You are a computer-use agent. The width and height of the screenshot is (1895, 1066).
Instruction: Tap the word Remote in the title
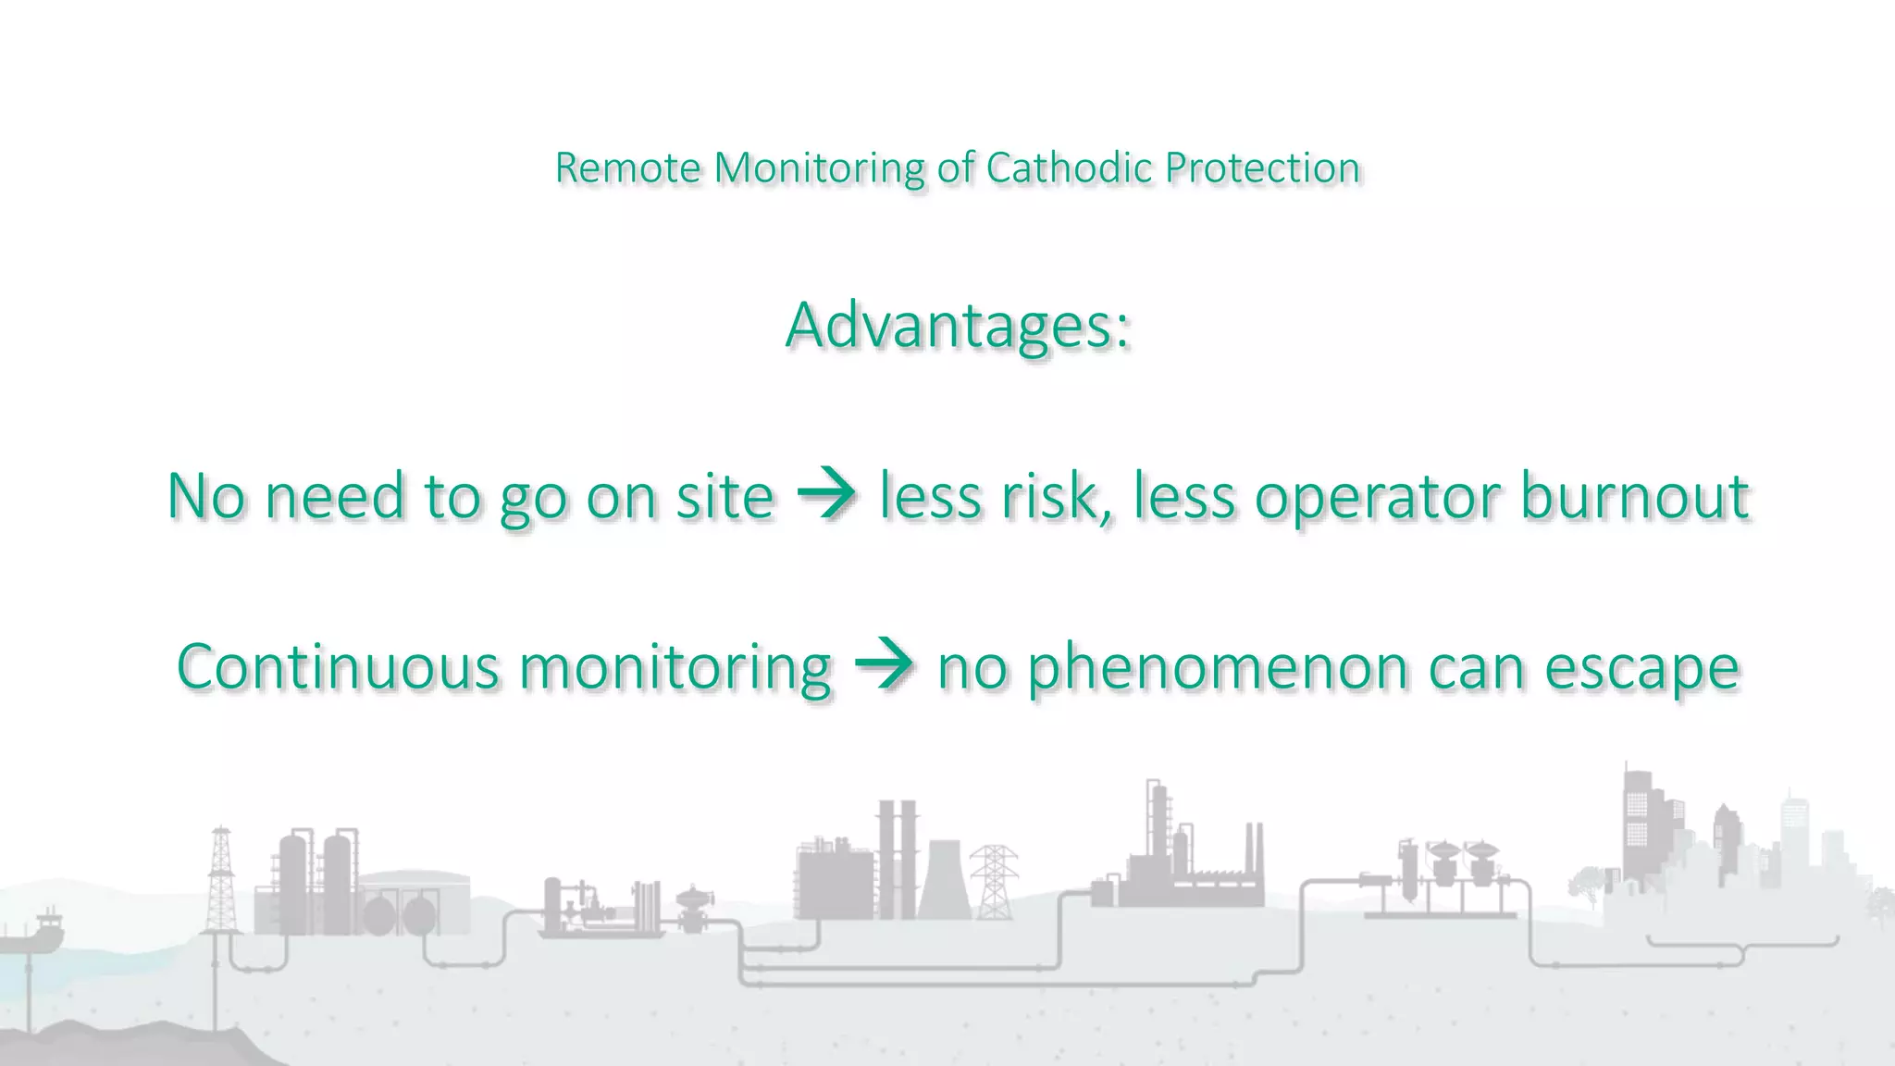coord(626,167)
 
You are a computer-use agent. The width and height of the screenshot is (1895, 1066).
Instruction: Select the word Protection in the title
coord(1262,167)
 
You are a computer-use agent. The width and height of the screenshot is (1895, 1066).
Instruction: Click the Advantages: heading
coord(958,326)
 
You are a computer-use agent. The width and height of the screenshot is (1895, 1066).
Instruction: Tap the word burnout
coord(1634,496)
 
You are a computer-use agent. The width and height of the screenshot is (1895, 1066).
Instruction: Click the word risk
coord(1056,496)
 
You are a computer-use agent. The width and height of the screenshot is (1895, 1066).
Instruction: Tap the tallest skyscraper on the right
coord(1639,824)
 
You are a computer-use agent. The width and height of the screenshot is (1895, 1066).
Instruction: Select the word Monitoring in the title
coord(819,168)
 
